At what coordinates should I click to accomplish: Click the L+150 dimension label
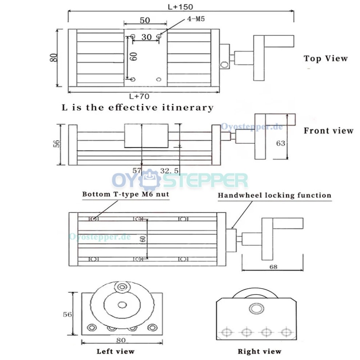pos(180,6)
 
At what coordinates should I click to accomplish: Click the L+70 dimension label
pos(139,96)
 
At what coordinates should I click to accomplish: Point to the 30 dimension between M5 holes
pos(146,37)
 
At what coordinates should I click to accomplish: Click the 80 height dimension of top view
pos(54,57)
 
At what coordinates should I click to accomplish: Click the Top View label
pos(325,58)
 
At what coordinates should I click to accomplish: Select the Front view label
pos(328,131)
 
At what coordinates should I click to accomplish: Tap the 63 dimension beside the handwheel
pos(280,143)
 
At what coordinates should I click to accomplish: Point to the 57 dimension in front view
pos(136,170)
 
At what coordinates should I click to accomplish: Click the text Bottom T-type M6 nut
pos(125,194)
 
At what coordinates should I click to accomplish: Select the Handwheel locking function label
pos(275,195)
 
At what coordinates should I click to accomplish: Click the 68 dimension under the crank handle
pos(273,267)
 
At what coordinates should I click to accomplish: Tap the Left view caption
pos(115,351)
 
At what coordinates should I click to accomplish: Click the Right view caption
pos(259,351)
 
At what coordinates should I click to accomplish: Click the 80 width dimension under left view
pos(121,340)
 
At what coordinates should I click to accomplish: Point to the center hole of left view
pos(122,305)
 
